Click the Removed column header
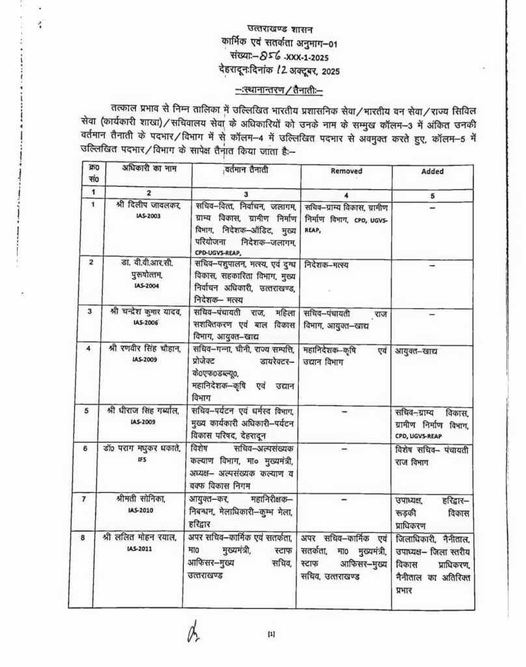pos(346,172)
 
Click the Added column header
pos(432,172)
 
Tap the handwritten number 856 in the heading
pos(268,57)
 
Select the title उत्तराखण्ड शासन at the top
pos(280,29)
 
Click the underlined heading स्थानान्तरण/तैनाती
pos(279,89)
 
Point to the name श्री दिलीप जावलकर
pos(147,206)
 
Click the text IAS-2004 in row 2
pos(146,286)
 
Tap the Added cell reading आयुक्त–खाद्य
pos(416,351)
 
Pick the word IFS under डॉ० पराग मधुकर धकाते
pos(143,459)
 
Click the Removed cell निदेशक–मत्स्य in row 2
pos(327,265)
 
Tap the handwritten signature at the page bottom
pos(193,632)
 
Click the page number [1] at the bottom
pos(271,633)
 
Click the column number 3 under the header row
pos(246,193)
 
